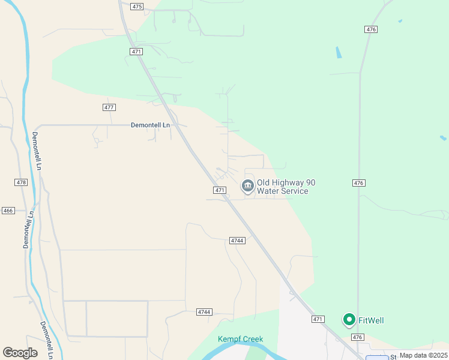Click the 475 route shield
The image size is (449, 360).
click(x=137, y=6)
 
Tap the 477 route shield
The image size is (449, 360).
click(x=109, y=107)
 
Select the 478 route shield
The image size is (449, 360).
click(x=21, y=182)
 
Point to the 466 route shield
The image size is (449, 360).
click(x=8, y=211)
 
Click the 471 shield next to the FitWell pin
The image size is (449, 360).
click(x=318, y=319)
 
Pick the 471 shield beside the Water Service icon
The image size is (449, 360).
click(x=220, y=190)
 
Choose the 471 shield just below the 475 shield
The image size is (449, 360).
click(x=136, y=52)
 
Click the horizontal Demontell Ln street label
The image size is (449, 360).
click(x=151, y=125)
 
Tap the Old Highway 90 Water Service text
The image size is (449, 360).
click(x=286, y=187)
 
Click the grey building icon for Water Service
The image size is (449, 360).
click(x=247, y=187)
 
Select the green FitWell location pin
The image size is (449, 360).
click(x=349, y=320)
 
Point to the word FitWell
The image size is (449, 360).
click(x=371, y=320)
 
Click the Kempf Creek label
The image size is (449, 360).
click(x=240, y=340)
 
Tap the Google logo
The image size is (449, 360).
click(x=20, y=353)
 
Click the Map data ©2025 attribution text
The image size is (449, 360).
click(x=423, y=355)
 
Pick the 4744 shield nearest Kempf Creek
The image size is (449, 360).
click(x=205, y=312)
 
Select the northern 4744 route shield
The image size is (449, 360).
click(x=237, y=240)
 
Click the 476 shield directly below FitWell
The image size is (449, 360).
click(x=358, y=337)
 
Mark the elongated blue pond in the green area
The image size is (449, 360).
click(x=339, y=52)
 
